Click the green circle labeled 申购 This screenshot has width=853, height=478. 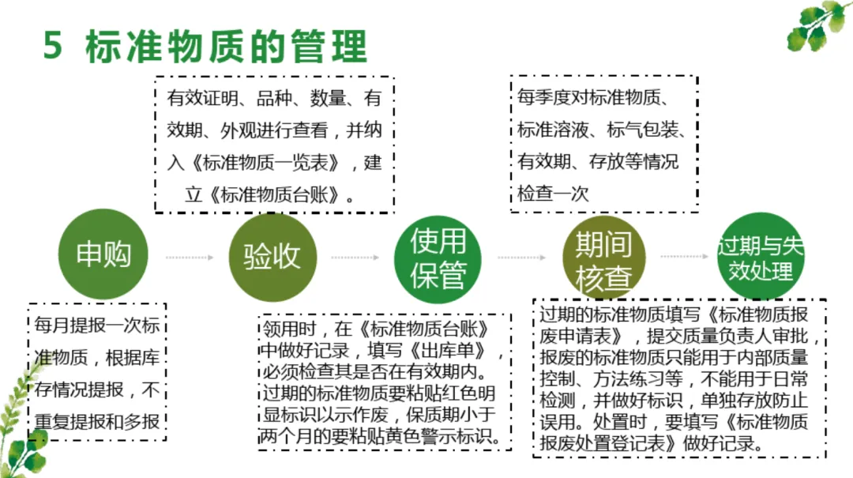(x=104, y=255)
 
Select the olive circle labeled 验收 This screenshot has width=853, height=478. (x=272, y=257)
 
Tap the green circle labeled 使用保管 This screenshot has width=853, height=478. (x=438, y=258)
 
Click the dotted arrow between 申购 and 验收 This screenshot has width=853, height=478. (x=190, y=257)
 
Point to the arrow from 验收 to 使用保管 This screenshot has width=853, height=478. (x=355, y=257)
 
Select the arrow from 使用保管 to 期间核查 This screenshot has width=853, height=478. (x=521, y=257)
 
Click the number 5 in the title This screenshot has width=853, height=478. (x=53, y=47)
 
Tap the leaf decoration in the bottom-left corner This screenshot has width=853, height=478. (x=20, y=431)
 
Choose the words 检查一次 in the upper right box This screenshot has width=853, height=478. (x=554, y=194)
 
